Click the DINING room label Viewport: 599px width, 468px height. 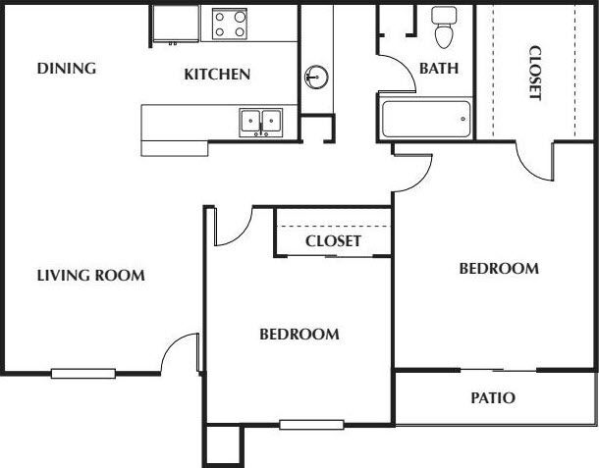[x=66, y=69]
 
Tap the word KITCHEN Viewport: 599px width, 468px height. [x=217, y=74]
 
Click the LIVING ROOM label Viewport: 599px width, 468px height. [x=90, y=276]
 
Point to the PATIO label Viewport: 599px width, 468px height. [x=492, y=398]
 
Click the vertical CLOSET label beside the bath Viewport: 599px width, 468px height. [x=534, y=73]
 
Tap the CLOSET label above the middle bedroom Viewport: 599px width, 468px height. [x=333, y=240]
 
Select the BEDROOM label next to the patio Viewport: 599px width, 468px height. [x=499, y=268]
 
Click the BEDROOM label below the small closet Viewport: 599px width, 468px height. [x=299, y=335]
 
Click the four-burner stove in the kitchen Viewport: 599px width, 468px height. [x=229, y=23]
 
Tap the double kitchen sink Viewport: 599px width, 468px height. [x=261, y=122]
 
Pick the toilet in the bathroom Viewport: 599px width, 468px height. [x=444, y=28]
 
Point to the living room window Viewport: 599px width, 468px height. [x=83, y=372]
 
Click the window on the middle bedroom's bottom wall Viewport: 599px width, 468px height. [x=311, y=425]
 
